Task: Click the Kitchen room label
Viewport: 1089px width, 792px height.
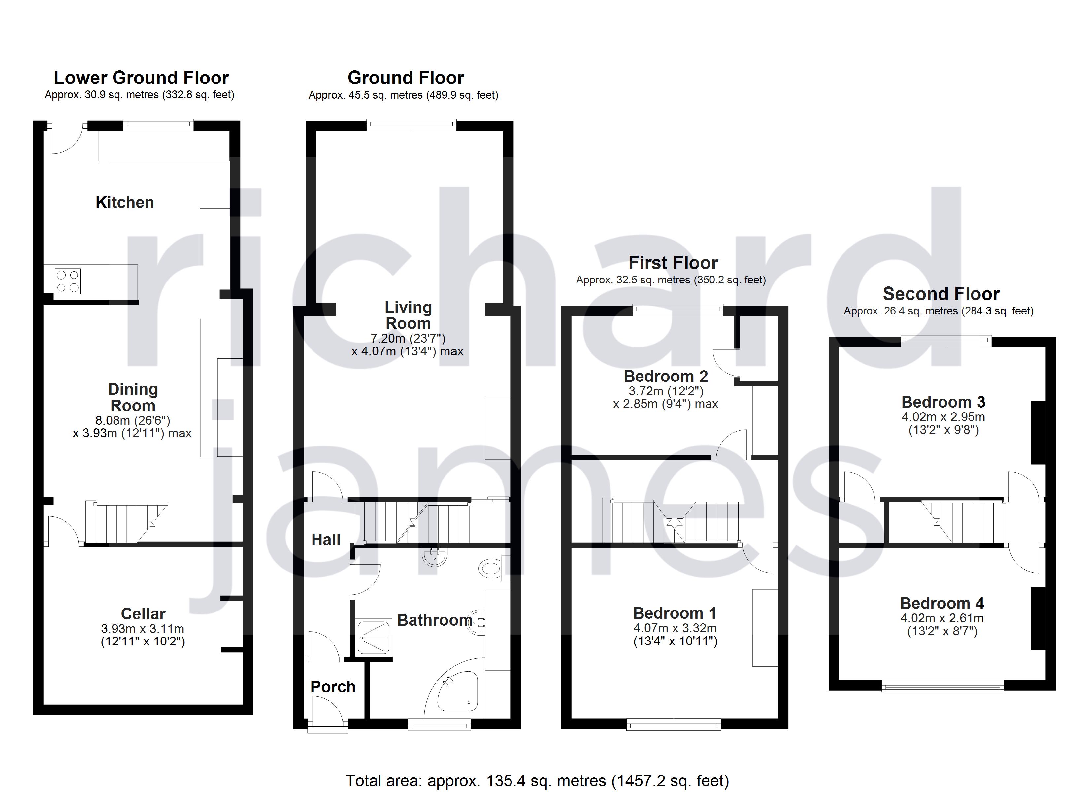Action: (124, 202)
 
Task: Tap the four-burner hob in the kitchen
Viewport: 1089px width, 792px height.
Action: (67, 281)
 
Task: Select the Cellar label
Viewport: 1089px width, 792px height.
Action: (143, 613)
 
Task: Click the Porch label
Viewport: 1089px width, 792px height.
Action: (333, 687)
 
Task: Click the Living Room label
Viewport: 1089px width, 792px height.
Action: (408, 315)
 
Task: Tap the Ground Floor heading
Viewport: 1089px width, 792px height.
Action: (405, 77)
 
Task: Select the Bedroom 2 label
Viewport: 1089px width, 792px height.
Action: (666, 376)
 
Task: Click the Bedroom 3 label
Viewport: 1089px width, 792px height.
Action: (943, 402)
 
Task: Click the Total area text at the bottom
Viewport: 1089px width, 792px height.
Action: (537, 780)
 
